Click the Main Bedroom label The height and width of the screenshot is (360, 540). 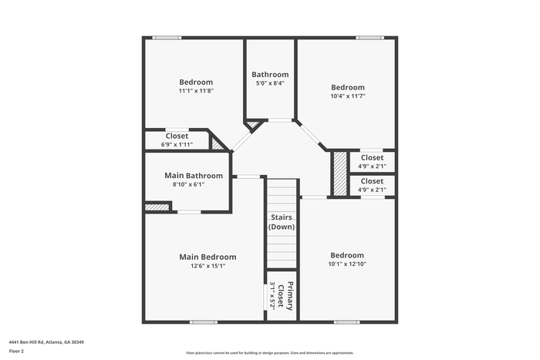[208, 257]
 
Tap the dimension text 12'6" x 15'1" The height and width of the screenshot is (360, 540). [208, 266]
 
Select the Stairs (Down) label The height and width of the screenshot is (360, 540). [282, 222]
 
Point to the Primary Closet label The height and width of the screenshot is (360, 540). [285, 296]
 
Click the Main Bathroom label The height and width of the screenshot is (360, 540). [194, 176]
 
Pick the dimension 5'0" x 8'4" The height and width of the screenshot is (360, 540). [270, 83]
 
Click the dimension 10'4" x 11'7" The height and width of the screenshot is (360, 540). [348, 96]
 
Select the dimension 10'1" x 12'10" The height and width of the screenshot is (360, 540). [347, 264]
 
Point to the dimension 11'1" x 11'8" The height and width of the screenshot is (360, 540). [196, 91]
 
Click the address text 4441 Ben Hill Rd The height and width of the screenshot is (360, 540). [26, 342]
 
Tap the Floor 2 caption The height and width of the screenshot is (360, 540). [16, 352]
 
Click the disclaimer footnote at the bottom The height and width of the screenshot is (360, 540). [270, 353]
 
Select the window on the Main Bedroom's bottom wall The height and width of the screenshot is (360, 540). [204, 322]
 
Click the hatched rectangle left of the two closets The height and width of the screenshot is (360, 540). [340, 173]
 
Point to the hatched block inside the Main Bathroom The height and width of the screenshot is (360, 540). [157, 207]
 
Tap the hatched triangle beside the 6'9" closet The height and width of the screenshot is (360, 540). [216, 145]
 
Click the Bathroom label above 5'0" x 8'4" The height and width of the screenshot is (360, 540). [270, 75]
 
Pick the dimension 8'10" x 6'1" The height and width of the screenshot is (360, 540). [189, 184]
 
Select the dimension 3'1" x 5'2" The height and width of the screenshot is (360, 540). [272, 296]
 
